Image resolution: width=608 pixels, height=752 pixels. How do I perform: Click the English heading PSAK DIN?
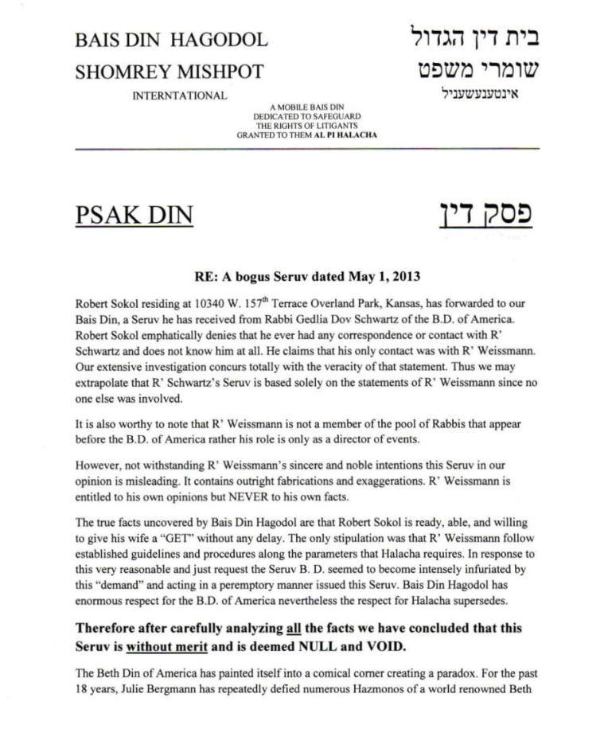point(134,216)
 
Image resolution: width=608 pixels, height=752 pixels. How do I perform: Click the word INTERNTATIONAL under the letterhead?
point(180,96)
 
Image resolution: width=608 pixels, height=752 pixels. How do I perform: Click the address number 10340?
point(208,305)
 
